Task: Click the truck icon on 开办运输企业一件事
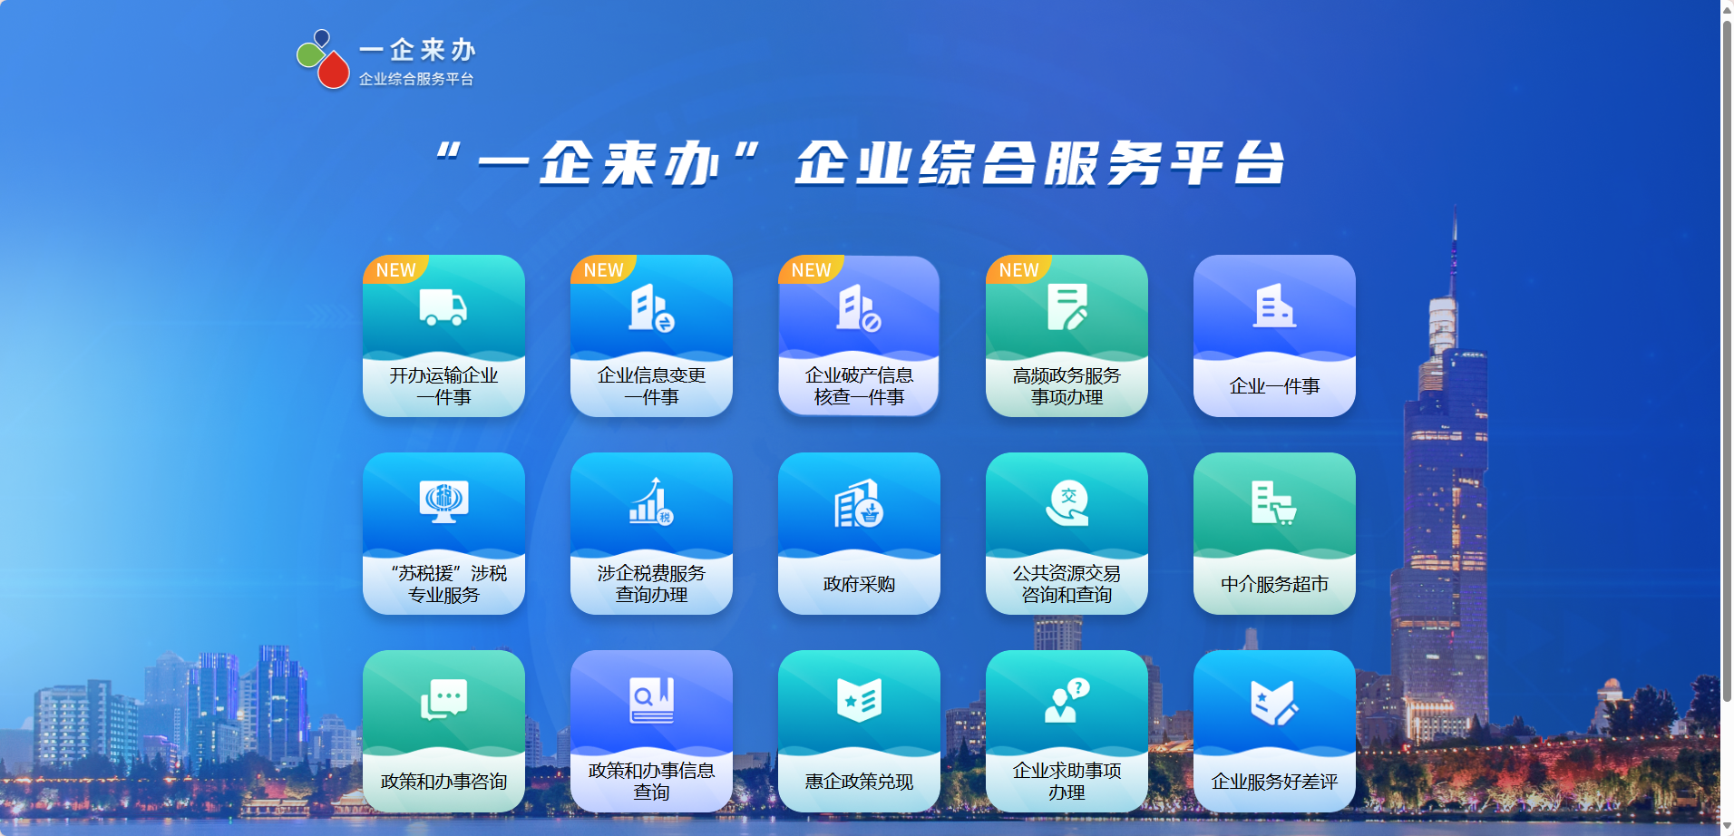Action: [x=443, y=307]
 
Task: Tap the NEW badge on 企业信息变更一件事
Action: [x=603, y=270]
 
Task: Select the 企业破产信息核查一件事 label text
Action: [x=859, y=386]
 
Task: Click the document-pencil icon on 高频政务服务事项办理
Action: [x=1067, y=307]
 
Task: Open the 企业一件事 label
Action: [x=1274, y=386]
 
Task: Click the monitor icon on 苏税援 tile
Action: [x=443, y=501]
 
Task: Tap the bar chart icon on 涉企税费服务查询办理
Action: [x=651, y=501]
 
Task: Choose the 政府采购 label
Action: [x=859, y=584]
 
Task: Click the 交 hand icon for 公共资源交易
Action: [x=1067, y=503]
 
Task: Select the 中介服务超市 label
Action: [x=1274, y=584]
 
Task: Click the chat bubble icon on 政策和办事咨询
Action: [x=443, y=699]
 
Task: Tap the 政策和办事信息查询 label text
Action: [x=651, y=782]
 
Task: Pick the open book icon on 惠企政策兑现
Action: [x=859, y=700]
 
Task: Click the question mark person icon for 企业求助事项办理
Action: [x=1067, y=700]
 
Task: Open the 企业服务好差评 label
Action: [x=1274, y=782]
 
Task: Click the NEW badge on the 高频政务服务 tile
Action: [x=1018, y=270]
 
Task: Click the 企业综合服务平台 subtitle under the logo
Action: [x=416, y=79]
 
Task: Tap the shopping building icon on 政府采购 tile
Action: [x=859, y=503]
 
